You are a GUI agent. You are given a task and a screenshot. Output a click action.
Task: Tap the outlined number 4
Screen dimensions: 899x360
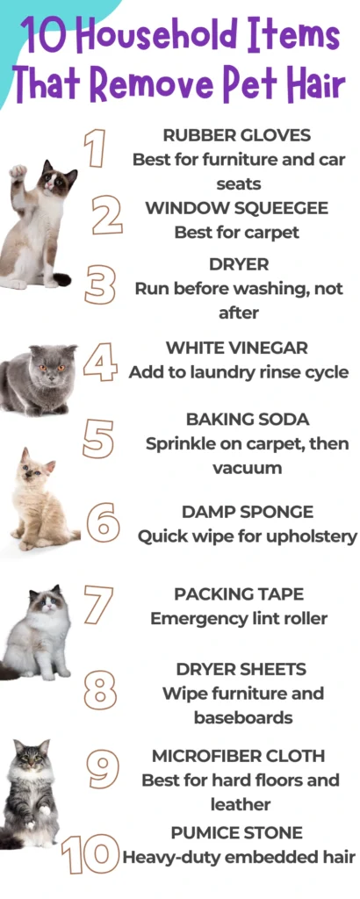point(101,361)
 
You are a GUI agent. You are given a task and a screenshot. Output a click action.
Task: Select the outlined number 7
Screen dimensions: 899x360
point(98,605)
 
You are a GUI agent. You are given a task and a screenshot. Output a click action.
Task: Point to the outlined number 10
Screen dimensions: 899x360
point(90,853)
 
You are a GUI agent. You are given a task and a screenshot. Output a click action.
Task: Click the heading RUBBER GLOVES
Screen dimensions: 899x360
point(237,135)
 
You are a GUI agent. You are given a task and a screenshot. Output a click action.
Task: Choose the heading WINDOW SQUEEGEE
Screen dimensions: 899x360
point(237,208)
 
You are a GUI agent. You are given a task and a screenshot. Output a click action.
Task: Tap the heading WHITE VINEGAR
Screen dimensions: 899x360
point(237,348)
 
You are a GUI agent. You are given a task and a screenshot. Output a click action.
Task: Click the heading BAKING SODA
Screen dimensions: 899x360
point(248,420)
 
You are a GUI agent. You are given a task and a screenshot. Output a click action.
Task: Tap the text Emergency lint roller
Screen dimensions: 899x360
point(239,619)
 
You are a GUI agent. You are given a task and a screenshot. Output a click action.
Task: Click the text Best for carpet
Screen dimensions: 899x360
point(237,233)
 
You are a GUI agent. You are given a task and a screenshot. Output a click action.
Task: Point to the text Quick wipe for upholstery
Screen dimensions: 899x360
point(248,536)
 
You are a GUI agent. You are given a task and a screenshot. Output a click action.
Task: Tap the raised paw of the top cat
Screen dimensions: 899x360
point(18,172)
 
